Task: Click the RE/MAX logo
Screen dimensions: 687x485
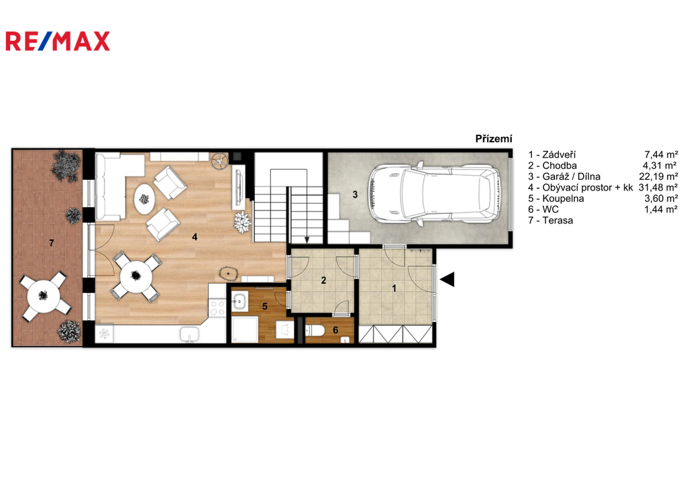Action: click(58, 41)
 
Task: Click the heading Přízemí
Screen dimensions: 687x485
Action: click(494, 139)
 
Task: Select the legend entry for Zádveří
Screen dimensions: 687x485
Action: click(552, 155)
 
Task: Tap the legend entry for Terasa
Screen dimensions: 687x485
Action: click(550, 221)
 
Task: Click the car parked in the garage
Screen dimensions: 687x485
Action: click(435, 193)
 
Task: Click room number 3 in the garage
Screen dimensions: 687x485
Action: click(355, 194)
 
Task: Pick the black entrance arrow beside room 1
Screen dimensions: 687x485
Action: click(447, 279)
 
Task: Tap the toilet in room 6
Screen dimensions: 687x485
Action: click(314, 330)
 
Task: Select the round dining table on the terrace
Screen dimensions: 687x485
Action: click(44, 295)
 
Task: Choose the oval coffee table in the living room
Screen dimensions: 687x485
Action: click(144, 199)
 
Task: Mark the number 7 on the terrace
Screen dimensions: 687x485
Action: click(51, 243)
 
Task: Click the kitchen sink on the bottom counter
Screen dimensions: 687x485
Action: click(189, 334)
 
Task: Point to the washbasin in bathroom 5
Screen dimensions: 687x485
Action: click(240, 301)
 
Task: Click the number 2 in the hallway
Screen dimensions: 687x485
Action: click(323, 280)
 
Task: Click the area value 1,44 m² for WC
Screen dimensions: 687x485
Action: click(661, 209)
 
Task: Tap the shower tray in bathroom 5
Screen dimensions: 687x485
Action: click(245, 329)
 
